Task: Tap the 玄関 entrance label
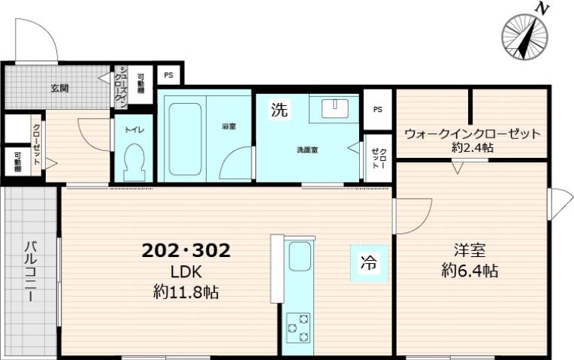[x=60, y=88]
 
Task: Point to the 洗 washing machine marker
[x=279, y=110]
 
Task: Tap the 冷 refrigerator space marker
[x=369, y=263]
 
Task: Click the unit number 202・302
[x=186, y=251]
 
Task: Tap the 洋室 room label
[x=469, y=250]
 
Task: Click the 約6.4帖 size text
[x=470, y=270]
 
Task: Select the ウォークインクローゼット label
[x=472, y=135]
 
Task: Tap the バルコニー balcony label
[x=30, y=271]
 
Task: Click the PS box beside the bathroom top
[x=168, y=76]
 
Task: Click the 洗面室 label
[x=306, y=149]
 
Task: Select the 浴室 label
[x=229, y=126]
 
